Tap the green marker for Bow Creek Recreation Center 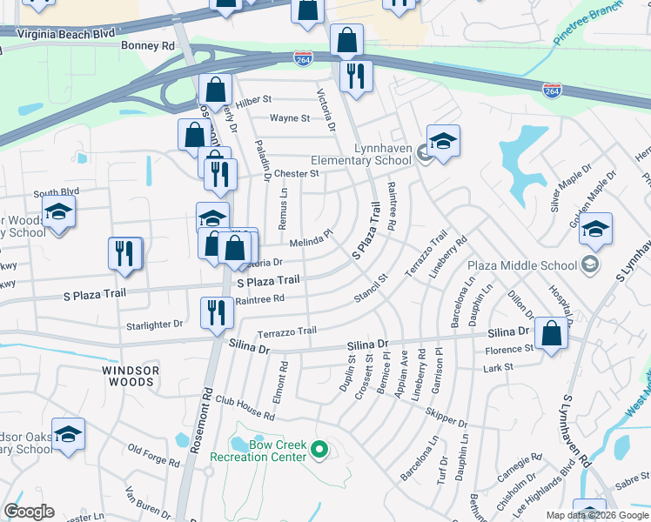pos(319,450)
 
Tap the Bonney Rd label pos(148,45)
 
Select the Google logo pos(29,512)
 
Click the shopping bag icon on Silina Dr pos(552,333)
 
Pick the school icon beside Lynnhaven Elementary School pos(443,141)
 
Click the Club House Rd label pos(245,408)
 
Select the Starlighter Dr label pos(155,324)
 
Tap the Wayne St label pos(284,118)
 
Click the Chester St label pos(298,173)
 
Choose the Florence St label pos(511,349)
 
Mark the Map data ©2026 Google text pos(596,514)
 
